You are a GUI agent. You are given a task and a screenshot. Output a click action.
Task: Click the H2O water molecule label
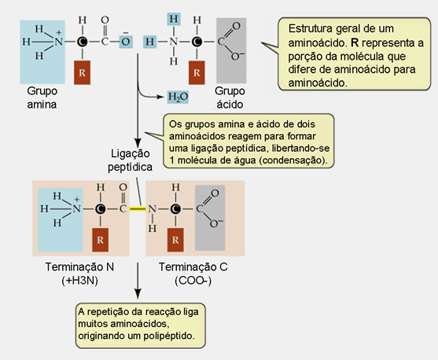[x=178, y=97]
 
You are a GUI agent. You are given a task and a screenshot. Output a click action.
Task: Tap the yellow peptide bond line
[x=138, y=208]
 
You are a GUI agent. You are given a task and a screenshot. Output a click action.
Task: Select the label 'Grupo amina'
[x=42, y=97]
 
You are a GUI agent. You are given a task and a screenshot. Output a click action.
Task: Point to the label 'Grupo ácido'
[x=230, y=97]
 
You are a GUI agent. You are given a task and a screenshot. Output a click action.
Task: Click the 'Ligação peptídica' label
[x=131, y=160]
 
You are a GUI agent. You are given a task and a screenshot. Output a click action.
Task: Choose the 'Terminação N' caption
[x=79, y=267]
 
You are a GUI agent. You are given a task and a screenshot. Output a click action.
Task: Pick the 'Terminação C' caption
[x=193, y=267]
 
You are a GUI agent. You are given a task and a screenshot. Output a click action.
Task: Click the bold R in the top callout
[x=355, y=42]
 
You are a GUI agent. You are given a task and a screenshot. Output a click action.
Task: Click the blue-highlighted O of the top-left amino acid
[x=126, y=42]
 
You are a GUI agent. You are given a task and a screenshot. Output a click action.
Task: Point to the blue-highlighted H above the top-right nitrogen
[x=174, y=19]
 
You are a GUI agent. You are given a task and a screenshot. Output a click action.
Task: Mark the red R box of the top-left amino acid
[x=82, y=72]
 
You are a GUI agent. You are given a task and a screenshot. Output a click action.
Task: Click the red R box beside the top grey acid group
[x=197, y=72]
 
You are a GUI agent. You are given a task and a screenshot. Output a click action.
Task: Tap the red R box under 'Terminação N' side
[x=101, y=240]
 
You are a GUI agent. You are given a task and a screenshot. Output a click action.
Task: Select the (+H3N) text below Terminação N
[x=80, y=281]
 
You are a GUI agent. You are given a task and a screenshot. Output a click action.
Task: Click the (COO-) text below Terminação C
[x=193, y=281]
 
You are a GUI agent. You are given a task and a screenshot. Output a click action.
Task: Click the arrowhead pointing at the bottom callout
[x=138, y=295]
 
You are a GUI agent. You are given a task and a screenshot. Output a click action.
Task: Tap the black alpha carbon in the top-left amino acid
[x=83, y=42]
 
